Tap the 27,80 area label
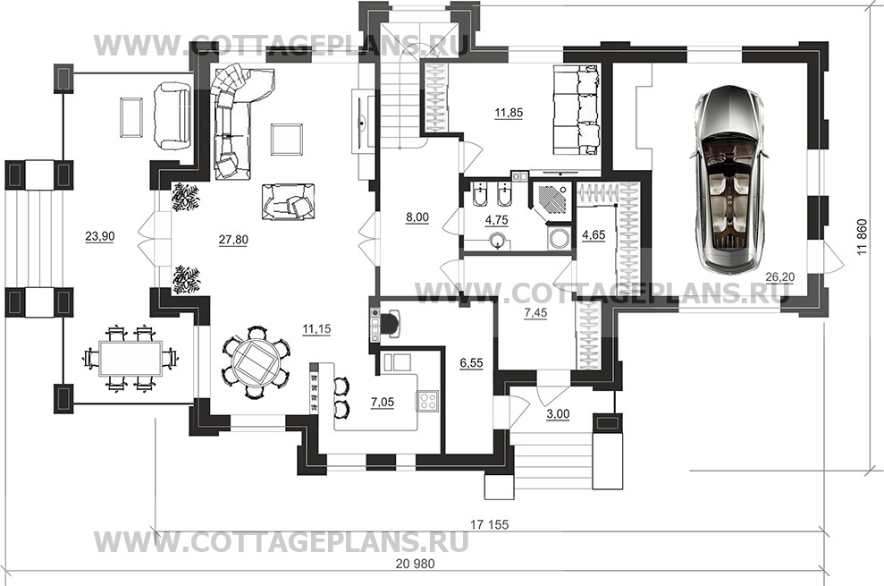click(233, 240)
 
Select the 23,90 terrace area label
click(100, 236)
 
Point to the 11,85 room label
click(509, 113)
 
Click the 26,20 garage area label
click(780, 276)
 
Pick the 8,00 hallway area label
click(417, 217)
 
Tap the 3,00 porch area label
click(558, 414)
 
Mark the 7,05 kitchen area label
click(383, 403)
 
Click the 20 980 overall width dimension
click(417, 564)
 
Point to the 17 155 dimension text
click(489, 525)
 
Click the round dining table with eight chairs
click(256, 361)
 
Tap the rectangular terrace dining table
click(130, 358)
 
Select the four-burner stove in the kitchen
click(428, 402)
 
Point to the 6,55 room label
click(471, 363)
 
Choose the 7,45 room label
click(535, 313)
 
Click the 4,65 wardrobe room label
click(594, 234)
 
